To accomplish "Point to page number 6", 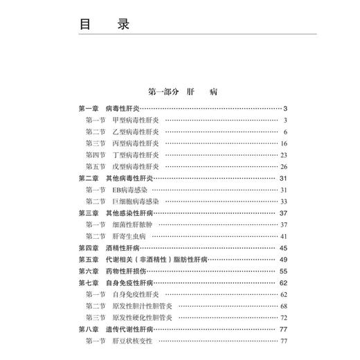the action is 285,132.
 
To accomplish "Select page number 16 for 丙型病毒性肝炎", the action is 284,144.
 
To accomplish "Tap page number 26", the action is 284,167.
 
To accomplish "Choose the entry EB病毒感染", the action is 130,190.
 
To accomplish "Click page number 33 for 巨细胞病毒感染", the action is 284,201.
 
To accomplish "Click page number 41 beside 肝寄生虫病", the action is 284,236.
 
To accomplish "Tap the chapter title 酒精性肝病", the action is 123,248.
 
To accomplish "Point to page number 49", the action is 284,260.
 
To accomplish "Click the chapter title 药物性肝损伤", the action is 127,271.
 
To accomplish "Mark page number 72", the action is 284,317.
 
